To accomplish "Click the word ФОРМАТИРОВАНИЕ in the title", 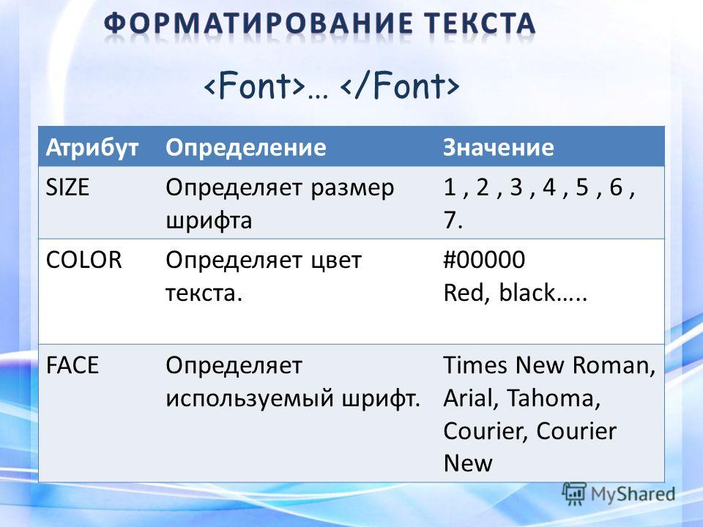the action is tap(257, 23).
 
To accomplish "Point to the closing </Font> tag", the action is tap(400, 85).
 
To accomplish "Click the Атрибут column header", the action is tap(92, 147).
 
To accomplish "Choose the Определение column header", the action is tap(246, 147).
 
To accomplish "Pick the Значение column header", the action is tap(499, 147).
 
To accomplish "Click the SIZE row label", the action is tap(67, 187).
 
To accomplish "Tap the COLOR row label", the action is tap(83, 260).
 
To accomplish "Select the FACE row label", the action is tap(72, 365).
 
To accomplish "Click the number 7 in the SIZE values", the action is tap(450, 220).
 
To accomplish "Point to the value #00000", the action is tap(484, 260).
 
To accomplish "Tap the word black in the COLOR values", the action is tap(527, 293).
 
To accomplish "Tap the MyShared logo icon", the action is tap(574, 494).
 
